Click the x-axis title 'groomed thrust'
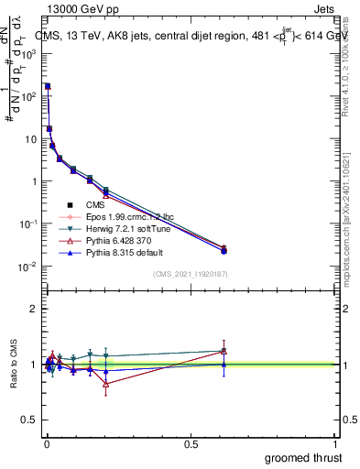coord(303,457)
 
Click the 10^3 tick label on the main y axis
coord(29,54)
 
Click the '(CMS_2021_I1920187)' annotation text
coord(191,274)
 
